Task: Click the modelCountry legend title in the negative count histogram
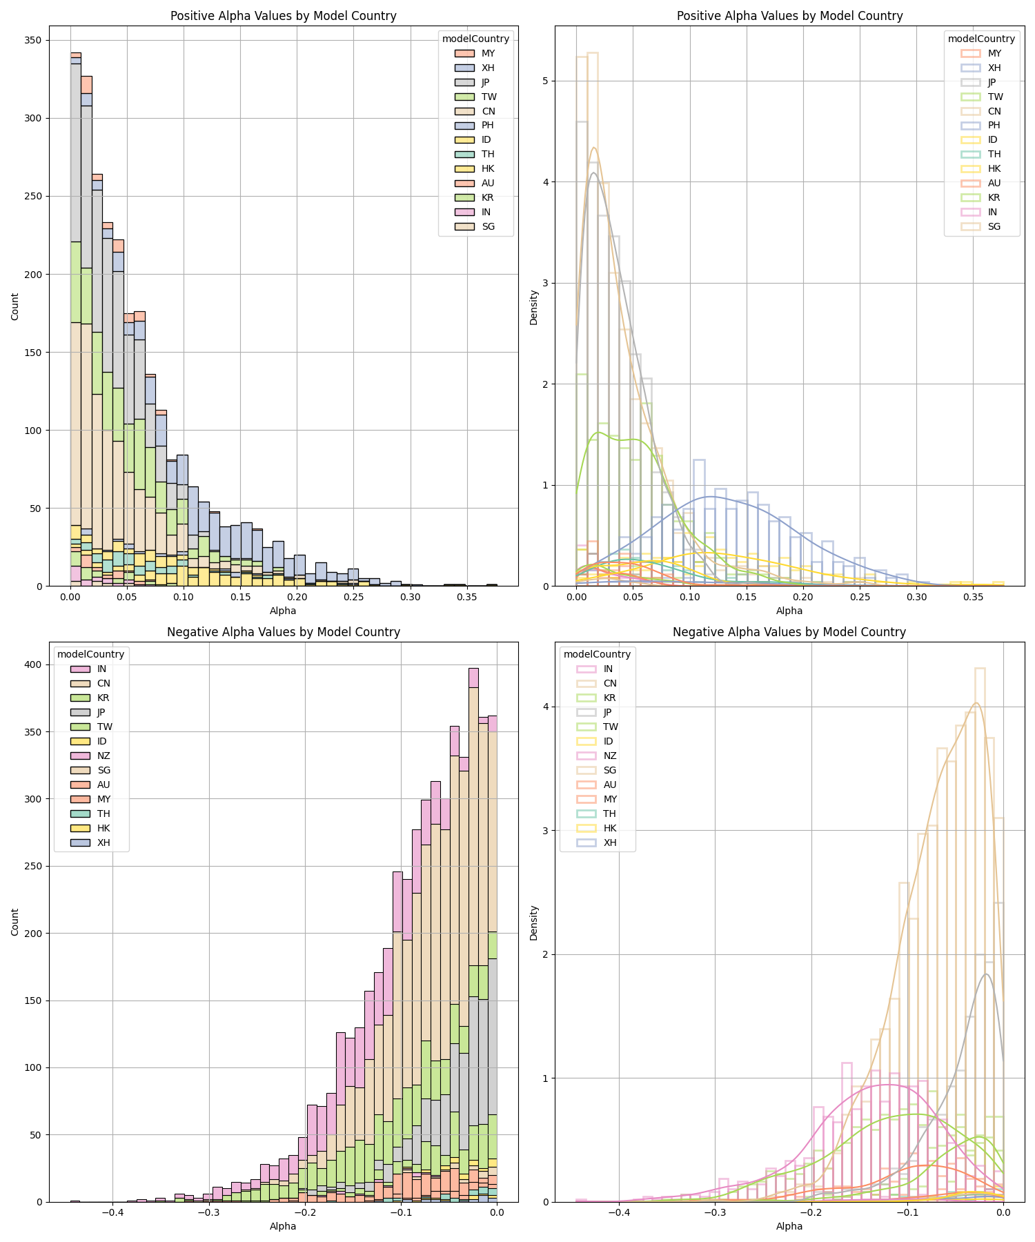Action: (91, 654)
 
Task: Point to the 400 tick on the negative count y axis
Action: (32, 664)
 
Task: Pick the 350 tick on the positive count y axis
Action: (32, 41)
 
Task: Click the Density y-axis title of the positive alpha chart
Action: (533, 307)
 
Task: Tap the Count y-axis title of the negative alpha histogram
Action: (15, 923)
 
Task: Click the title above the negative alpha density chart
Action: (789, 632)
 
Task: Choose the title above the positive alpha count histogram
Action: (284, 16)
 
